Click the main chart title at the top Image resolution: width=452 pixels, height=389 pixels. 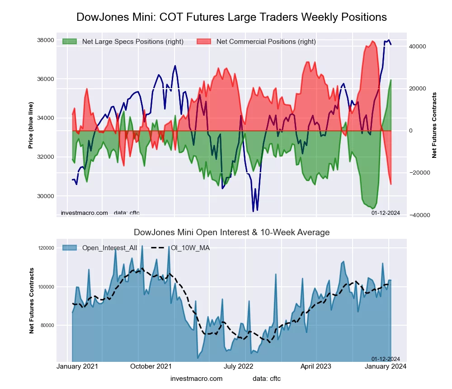click(x=231, y=17)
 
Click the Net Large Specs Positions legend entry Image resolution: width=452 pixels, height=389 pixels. click(x=132, y=42)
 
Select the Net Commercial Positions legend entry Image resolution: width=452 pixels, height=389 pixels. click(x=266, y=42)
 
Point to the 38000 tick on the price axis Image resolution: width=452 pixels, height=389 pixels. click(x=45, y=40)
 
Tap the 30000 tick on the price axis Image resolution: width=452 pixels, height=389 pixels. click(x=45, y=196)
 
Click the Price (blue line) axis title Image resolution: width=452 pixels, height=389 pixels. click(x=31, y=125)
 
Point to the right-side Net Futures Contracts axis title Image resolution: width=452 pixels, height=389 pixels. click(x=434, y=125)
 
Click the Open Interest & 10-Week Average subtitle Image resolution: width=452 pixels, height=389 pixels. click(x=231, y=232)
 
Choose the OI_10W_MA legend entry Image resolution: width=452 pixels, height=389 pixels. click(x=190, y=247)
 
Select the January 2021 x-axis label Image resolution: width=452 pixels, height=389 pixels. click(x=77, y=366)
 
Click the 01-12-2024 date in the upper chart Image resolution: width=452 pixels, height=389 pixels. click(x=386, y=213)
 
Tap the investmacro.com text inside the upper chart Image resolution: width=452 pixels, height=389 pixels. click(x=85, y=213)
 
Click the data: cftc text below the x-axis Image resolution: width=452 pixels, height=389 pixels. click(x=267, y=378)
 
